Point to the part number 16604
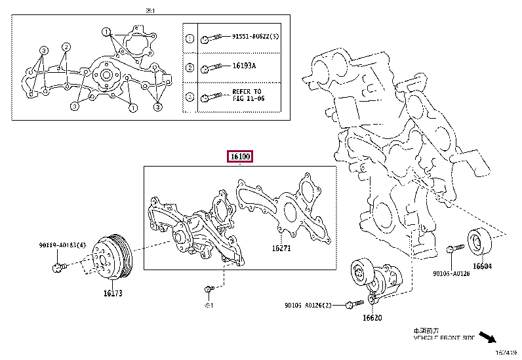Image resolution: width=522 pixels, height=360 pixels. (482, 266)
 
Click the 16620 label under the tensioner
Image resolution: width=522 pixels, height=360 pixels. (371, 317)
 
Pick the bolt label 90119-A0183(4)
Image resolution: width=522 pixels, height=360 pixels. (63, 246)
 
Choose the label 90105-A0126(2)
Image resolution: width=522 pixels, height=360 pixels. (309, 305)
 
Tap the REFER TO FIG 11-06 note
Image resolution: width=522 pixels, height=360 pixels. (247, 95)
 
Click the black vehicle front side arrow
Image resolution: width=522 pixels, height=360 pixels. (486, 338)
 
